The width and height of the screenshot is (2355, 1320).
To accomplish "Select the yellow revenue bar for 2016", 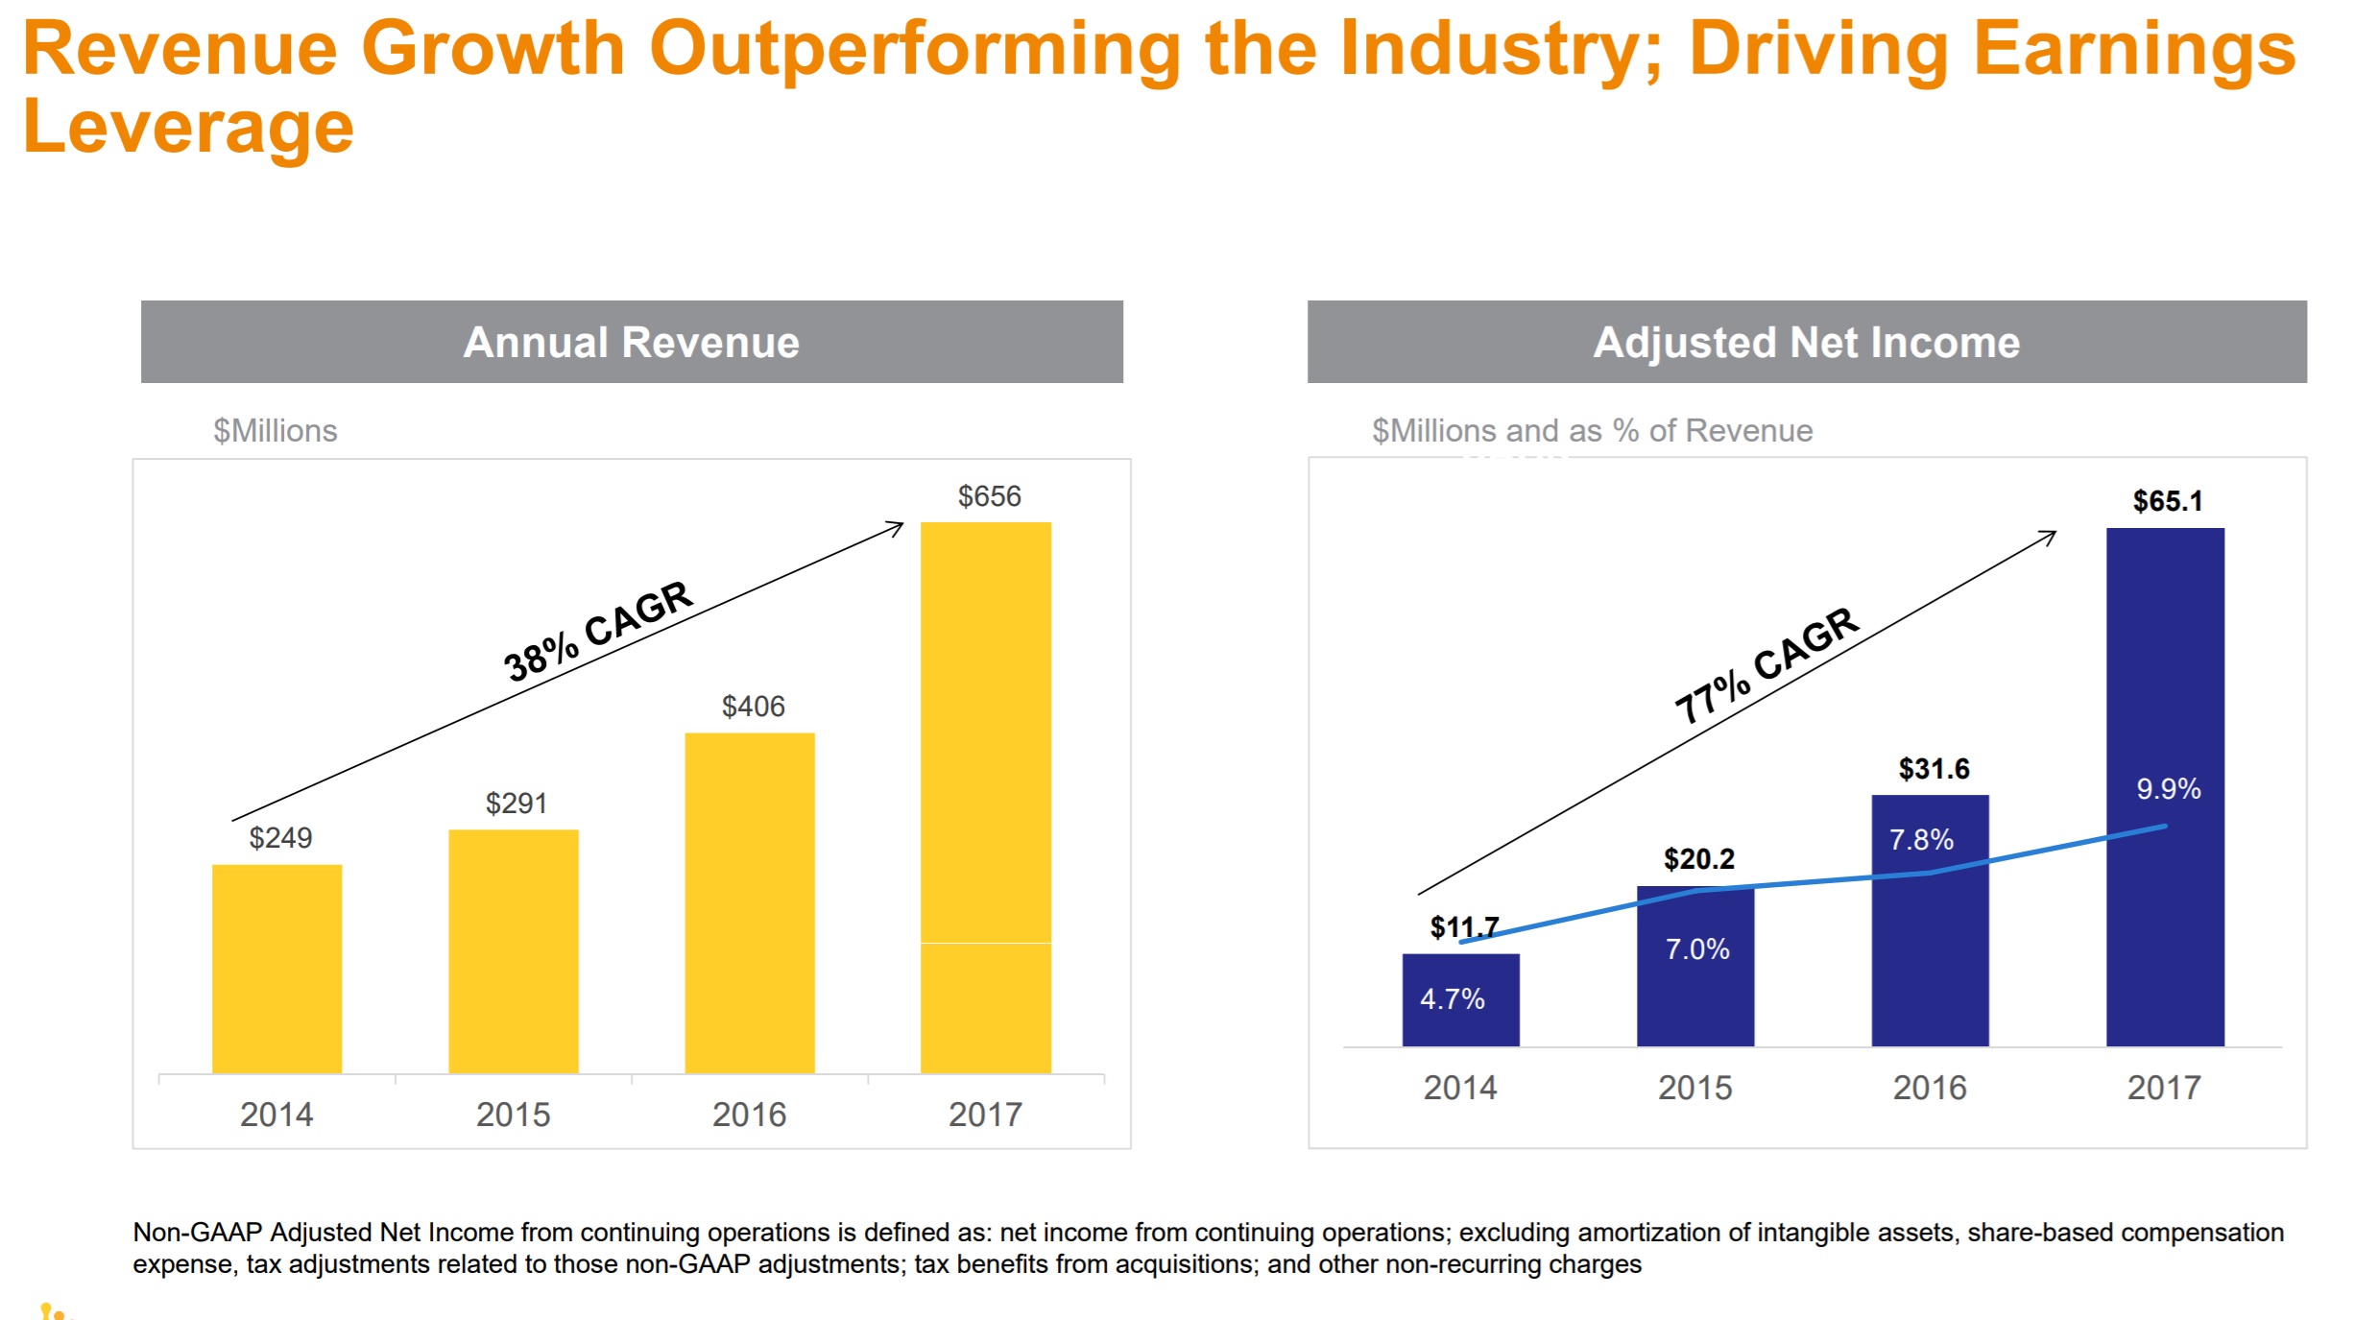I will pyautogui.click(x=749, y=902).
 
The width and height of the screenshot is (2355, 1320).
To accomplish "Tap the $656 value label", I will pyautogui.click(x=989, y=496).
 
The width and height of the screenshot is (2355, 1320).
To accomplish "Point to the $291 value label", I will pyautogui.click(x=516, y=803).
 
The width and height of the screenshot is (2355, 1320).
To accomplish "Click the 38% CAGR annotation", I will pyautogui.click(x=597, y=631).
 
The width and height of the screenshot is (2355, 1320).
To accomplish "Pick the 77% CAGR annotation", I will pyautogui.click(x=1766, y=664).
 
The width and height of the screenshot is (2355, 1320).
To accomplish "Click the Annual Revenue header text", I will pyautogui.click(x=631, y=343).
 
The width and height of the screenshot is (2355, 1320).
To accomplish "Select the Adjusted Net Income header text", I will pyautogui.click(x=1806, y=343).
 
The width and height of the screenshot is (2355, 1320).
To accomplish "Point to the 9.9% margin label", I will pyautogui.click(x=2168, y=789).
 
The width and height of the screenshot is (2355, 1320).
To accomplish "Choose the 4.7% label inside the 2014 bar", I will pyautogui.click(x=1452, y=999).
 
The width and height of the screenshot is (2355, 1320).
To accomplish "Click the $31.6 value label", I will pyautogui.click(x=1934, y=769).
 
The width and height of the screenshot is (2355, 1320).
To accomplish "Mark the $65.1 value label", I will pyautogui.click(x=2167, y=501).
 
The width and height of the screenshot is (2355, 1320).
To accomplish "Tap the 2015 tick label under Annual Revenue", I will pyautogui.click(x=513, y=1115).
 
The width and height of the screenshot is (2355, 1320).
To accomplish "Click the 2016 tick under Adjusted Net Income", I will pyautogui.click(x=1929, y=1088).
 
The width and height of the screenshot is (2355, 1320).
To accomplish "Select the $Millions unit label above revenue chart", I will pyautogui.click(x=275, y=431).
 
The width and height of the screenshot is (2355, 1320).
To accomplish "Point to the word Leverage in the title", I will pyautogui.click(x=188, y=127).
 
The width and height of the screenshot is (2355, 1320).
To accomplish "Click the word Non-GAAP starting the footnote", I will pyautogui.click(x=197, y=1233).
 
